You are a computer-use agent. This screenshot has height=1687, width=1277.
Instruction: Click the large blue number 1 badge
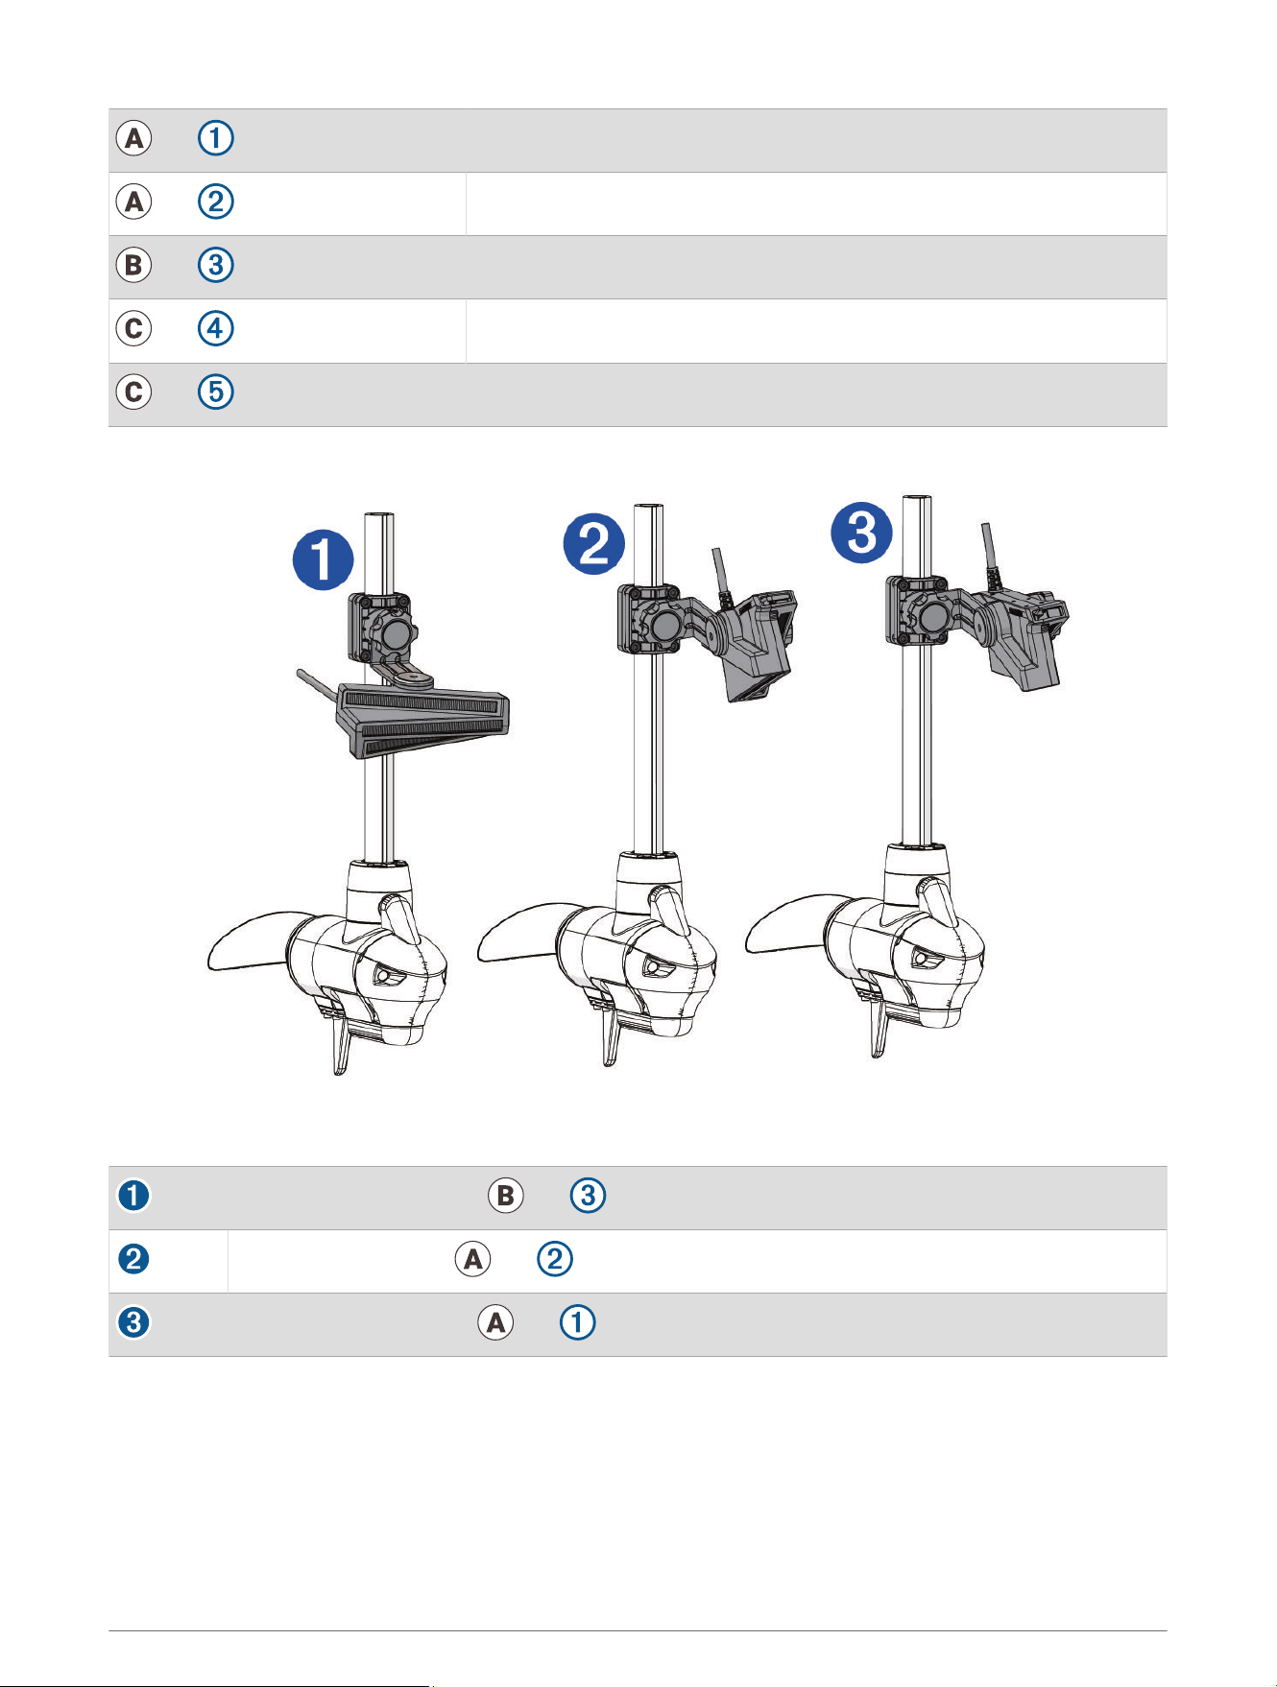coord(323,560)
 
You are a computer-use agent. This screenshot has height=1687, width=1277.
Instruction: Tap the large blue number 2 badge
coord(593,544)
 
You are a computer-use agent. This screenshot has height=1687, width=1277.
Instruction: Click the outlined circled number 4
coord(215,329)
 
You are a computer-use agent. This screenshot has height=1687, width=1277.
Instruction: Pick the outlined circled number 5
coord(215,392)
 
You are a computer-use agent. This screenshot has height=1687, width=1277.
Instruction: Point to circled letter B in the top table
coord(134,266)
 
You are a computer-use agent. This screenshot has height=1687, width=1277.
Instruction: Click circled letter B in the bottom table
coord(506,1196)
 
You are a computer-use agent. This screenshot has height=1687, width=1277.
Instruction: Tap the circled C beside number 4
coord(134,329)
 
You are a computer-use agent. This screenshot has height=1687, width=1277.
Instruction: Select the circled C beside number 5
coord(134,392)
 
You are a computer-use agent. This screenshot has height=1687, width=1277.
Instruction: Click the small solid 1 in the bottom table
coord(133,1196)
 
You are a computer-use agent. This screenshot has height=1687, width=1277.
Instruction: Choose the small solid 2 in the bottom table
coord(133,1259)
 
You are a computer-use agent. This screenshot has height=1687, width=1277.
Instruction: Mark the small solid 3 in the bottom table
coord(133,1322)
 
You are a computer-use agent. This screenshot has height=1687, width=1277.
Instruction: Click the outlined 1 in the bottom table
coord(577,1323)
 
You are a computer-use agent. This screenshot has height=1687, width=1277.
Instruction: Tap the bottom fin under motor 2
coord(607,1043)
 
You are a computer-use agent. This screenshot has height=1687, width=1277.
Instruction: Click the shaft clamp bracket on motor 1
coord(382,628)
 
